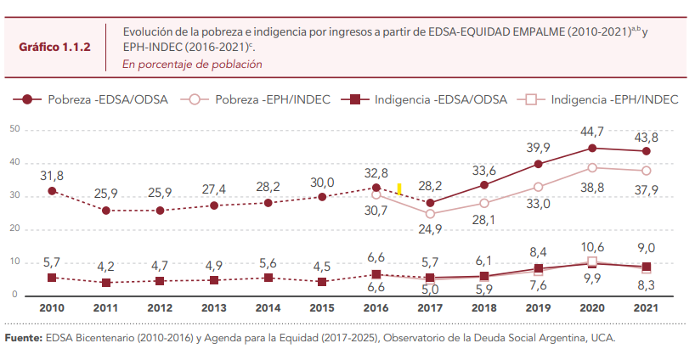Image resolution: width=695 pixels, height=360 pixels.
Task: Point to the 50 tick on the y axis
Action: click(14, 129)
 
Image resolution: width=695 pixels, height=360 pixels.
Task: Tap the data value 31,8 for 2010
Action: click(51, 175)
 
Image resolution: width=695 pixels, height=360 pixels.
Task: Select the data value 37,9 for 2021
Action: click(647, 189)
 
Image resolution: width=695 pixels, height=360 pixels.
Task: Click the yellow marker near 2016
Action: click(398, 188)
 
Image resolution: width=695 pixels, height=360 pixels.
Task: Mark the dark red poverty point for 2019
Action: click(538, 164)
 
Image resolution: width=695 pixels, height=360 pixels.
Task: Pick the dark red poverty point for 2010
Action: click(52, 191)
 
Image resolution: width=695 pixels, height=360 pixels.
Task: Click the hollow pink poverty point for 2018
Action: click(484, 203)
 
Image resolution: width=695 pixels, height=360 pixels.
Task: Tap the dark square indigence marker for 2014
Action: click(268, 278)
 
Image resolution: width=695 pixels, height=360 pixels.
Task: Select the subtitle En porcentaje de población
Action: click(192, 64)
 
